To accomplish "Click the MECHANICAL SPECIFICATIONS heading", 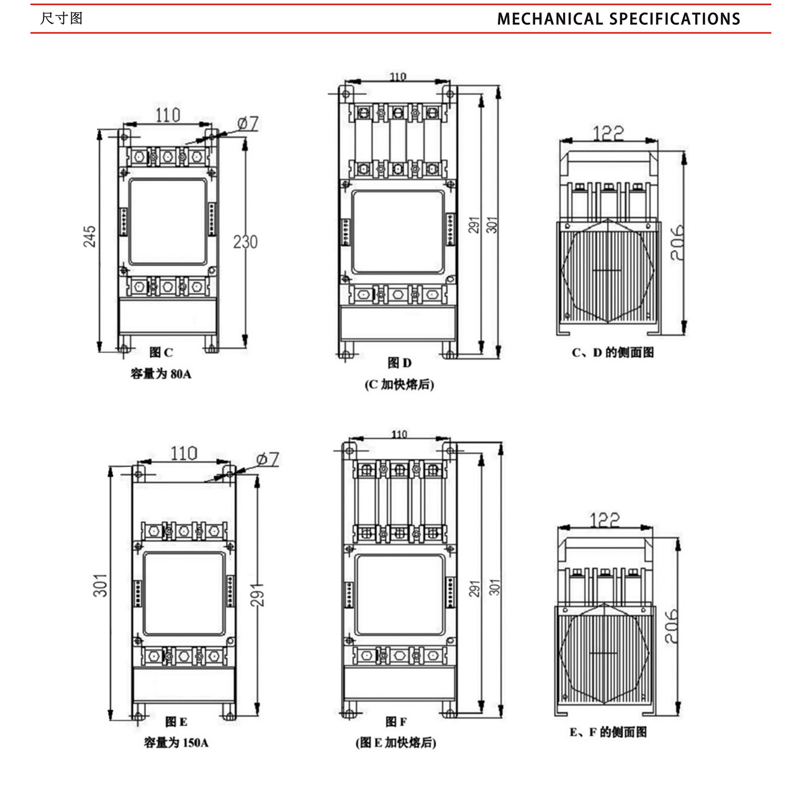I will tap(618, 19).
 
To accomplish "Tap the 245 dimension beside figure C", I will tap(90, 237).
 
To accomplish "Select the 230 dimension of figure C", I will tap(245, 242).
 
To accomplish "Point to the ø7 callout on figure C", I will tap(248, 124).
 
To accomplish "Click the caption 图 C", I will tap(161, 353).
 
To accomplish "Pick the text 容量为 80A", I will tap(161, 374).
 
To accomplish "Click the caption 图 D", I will tap(399, 363).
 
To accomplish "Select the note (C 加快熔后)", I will tap(399, 385).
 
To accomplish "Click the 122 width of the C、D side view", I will tap(608, 133).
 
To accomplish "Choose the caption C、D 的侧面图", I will tap(613, 353).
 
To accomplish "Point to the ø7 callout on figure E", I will tap(268, 460).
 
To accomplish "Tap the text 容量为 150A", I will tap(176, 742).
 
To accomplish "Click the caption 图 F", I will tap(396, 722).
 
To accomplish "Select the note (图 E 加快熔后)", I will tap(396, 742).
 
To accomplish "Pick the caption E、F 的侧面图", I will tap(608, 732).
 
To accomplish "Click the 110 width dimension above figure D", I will tap(398, 77).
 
